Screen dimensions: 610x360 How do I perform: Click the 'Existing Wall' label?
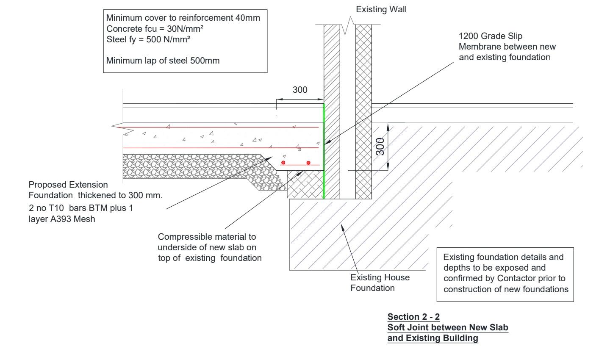tap(381, 10)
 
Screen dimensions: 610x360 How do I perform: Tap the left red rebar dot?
tap(283, 163)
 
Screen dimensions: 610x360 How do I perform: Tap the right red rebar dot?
tap(308, 163)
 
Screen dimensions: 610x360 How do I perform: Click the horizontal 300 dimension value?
tap(300, 90)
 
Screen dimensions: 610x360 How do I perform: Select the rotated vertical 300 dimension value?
tap(380, 147)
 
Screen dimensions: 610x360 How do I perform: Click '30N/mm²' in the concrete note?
tap(185, 29)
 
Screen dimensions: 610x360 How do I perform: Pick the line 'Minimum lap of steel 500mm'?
tap(163, 61)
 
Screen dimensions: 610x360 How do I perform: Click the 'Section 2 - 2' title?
tap(413, 317)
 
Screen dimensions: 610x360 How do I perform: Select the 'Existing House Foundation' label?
tap(380, 282)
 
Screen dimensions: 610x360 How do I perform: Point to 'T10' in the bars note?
tap(56, 208)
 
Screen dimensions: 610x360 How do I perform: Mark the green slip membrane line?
tap(324, 151)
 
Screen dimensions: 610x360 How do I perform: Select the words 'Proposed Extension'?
tap(68, 185)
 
